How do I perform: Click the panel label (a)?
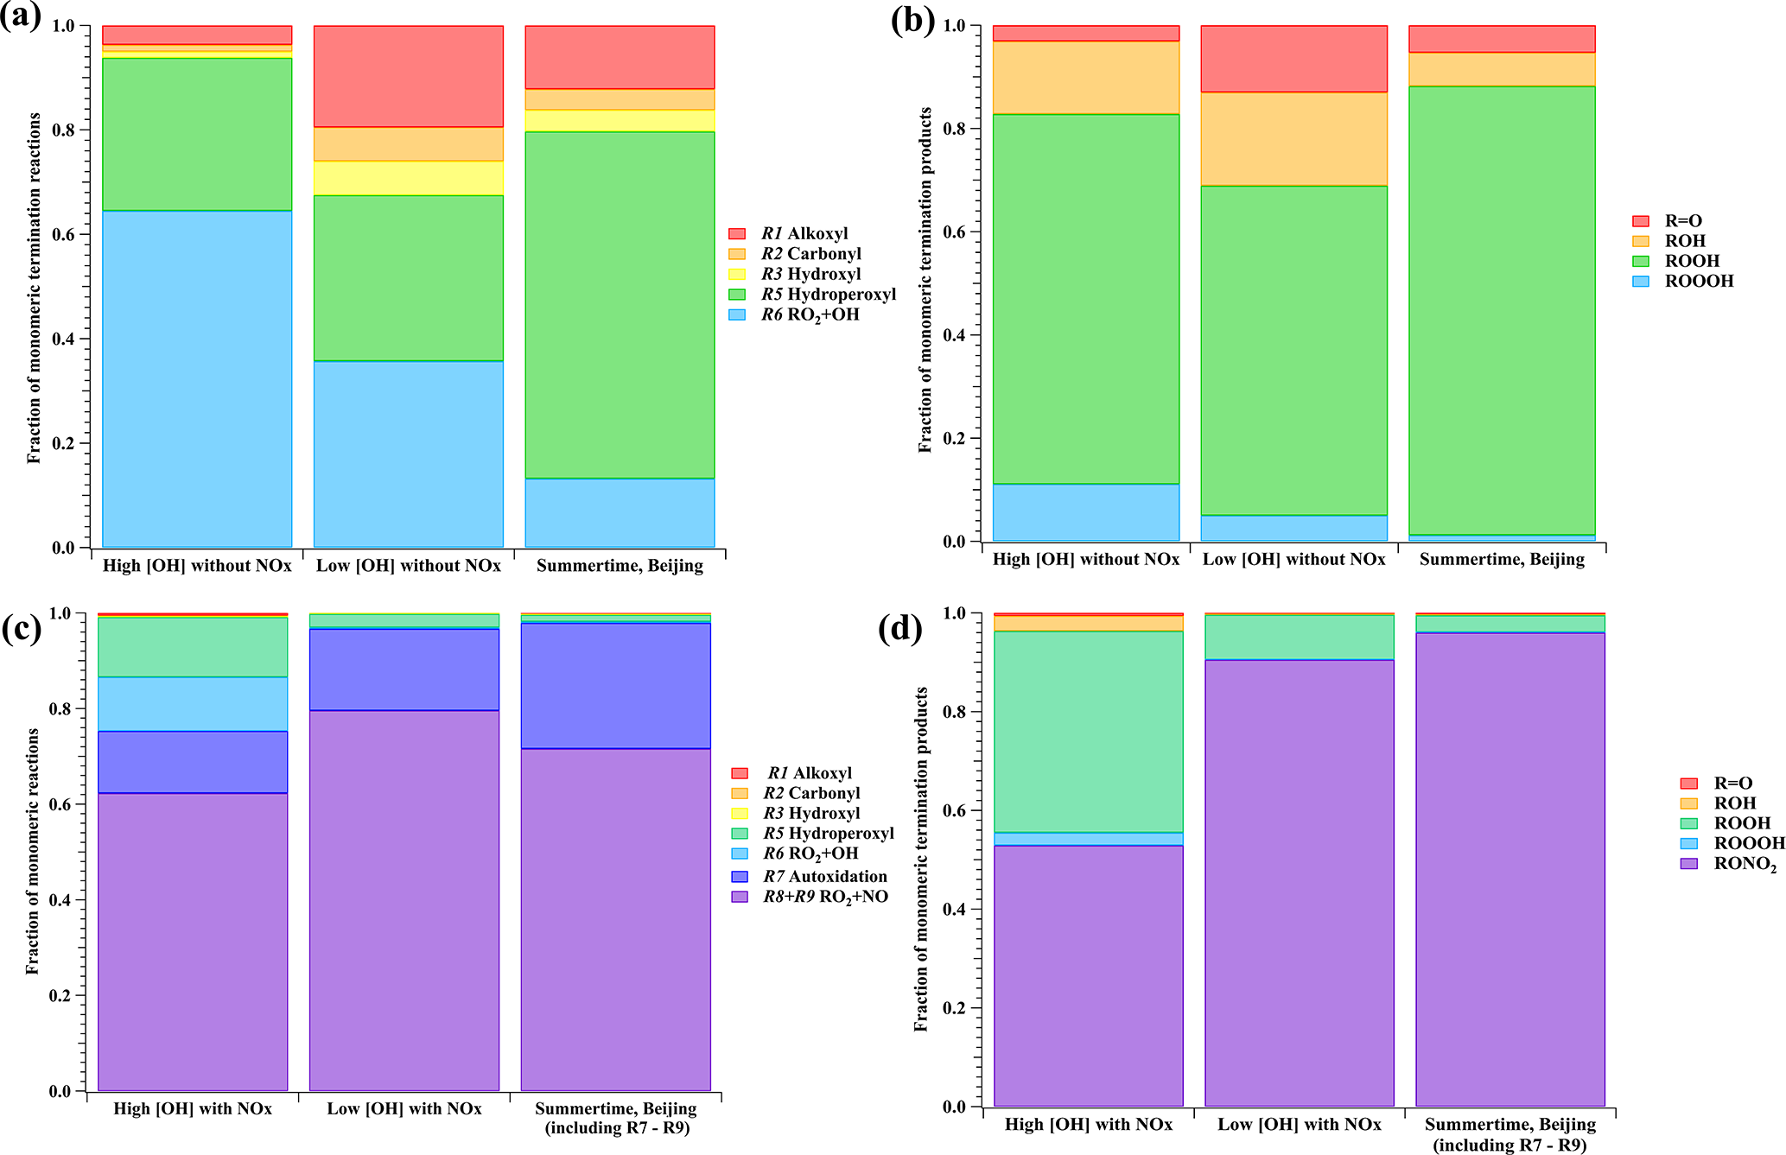click(21, 17)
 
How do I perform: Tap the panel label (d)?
click(899, 628)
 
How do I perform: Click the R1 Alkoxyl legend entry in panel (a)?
click(804, 233)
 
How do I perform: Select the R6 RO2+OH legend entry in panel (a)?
click(809, 314)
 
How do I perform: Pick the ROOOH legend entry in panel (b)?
click(1699, 281)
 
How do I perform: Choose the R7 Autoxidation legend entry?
click(824, 876)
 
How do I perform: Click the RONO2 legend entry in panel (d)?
click(1745, 864)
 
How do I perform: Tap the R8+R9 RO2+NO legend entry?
click(824, 897)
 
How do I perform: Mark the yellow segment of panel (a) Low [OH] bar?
click(408, 178)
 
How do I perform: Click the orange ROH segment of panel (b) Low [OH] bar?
click(1293, 138)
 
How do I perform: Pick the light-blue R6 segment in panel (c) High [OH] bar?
click(193, 704)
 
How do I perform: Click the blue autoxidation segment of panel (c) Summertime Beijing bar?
click(616, 685)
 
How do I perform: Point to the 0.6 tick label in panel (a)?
click(64, 235)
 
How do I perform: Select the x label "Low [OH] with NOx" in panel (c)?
click(404, 1108)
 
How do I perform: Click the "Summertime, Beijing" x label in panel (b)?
click(1502, 559)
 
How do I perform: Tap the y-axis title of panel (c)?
click(33, 851)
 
